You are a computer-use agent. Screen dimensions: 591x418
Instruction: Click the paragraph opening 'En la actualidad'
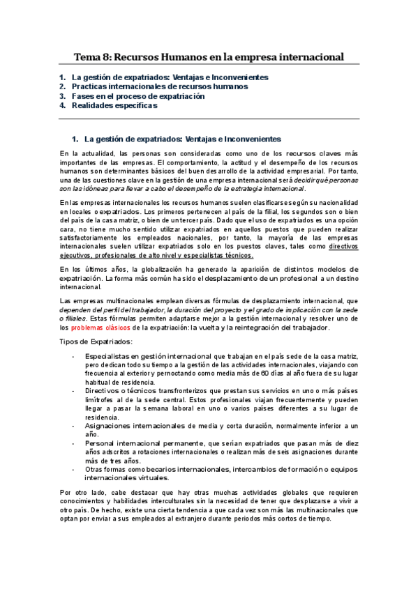click(209, 171)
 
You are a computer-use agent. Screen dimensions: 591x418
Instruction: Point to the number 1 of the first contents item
click(62, 77)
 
